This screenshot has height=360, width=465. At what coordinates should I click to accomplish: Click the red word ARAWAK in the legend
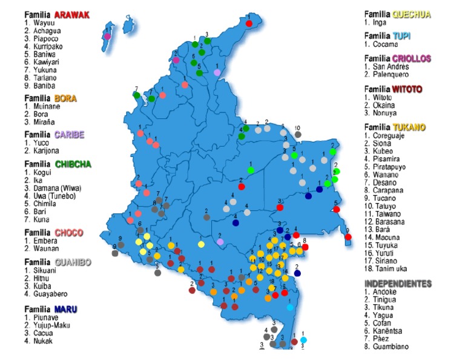tap(71, 15)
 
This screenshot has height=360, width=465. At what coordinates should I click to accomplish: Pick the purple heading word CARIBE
tap(70, 135)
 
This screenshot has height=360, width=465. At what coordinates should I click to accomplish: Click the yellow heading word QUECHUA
tap(412, 14)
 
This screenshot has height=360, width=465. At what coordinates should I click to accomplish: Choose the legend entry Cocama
tap(385, 44)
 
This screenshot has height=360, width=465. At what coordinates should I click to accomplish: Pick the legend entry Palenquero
tap(391, 74)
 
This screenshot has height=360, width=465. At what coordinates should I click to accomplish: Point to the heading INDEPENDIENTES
tap(398, 284)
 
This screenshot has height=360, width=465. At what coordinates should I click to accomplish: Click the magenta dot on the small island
tap(107, 36)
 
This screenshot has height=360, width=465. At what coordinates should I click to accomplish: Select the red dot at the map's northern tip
tap(249, 24)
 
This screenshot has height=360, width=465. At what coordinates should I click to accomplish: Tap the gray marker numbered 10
tap(297, 135)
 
